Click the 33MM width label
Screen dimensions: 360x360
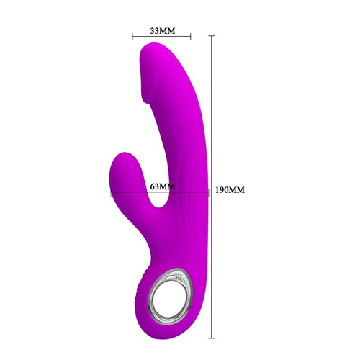pyautogui.click(x=163, y=31)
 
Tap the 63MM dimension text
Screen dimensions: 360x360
pyautogui.click(x=163, y=186)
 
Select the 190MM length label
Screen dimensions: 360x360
pyautogui.click(x=230, y=190)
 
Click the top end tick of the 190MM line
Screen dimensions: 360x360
pyautogui.click(x=212, y=36)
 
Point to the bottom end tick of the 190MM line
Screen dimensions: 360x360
pyautogui.click(x=212, y=338)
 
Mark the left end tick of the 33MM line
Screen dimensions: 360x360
pyautogui.click(x=132, y=37)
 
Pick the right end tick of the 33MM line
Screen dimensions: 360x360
pyautogui.click(x=191, y=37)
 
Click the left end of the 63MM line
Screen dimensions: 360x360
pyautogui.click(x=111, y=192)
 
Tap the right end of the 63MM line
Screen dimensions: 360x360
pyautogui.click(x=209, y=192)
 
